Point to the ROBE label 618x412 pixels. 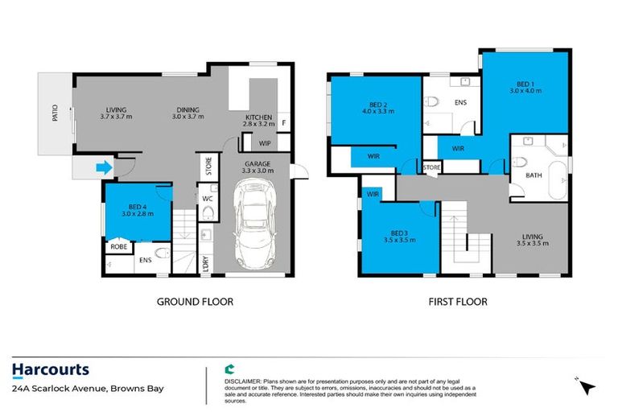(118, 247)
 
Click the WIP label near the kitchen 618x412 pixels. (265, 143)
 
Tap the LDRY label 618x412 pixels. (207, 262)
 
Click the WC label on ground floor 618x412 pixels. (207, 197)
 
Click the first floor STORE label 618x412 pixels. (432, 167)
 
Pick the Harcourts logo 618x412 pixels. (51, 370)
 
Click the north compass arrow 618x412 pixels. (589, 386)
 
